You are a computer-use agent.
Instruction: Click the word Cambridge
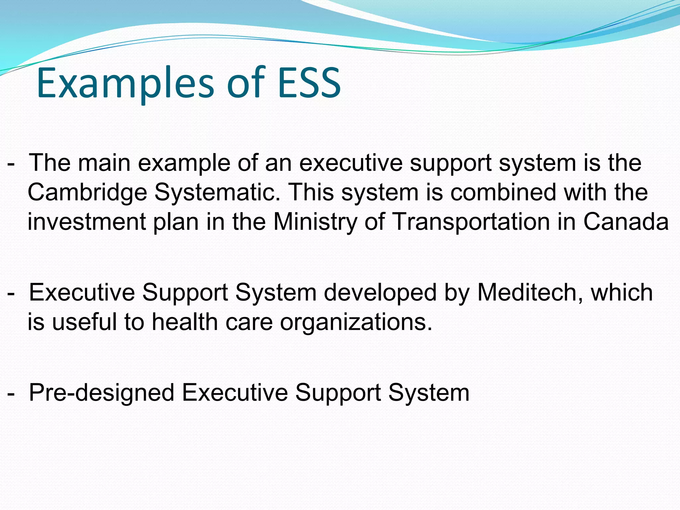click(87, 193)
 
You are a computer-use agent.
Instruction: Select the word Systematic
click(217, 193)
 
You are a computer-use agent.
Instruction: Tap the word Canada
click(626, 222)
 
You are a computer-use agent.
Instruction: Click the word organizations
click(356, 322)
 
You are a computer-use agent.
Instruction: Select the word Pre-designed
click(102, 393)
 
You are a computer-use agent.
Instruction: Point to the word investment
click(87, 222)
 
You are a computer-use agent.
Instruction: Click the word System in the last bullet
click(429, 393)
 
